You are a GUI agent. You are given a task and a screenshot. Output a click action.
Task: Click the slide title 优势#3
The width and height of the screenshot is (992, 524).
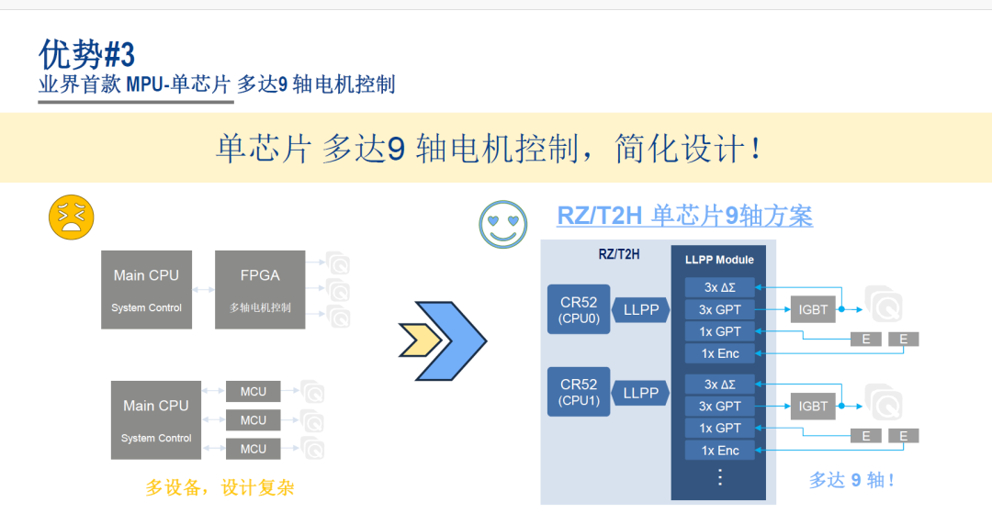86,55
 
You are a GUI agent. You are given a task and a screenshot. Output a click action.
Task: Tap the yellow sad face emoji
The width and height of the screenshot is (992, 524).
72,217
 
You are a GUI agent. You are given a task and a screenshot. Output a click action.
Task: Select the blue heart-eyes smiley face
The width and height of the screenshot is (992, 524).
503,224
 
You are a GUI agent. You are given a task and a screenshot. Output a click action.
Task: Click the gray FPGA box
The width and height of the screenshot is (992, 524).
260,289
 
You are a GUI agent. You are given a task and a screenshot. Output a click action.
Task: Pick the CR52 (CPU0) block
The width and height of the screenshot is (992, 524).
579,309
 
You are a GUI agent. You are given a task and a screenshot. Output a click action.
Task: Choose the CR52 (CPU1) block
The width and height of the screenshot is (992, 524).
579,392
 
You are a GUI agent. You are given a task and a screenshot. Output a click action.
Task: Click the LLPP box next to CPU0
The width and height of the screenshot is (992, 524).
641,310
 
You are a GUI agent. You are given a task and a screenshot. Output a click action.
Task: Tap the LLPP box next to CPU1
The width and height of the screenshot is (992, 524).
641,393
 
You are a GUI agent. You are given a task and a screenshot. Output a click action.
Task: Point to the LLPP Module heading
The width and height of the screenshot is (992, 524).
719,260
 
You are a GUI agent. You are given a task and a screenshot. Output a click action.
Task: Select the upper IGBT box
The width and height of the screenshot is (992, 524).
813,310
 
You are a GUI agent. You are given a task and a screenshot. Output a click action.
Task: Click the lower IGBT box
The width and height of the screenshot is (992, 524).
813,406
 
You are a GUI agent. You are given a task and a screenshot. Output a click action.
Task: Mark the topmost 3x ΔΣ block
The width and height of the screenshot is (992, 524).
719,287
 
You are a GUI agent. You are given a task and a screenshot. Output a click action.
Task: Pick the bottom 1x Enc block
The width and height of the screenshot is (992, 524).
719,450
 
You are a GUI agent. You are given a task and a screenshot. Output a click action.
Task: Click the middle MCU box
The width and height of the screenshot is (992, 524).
254,420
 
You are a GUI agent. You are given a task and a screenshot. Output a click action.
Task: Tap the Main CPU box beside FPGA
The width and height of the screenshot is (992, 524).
146,289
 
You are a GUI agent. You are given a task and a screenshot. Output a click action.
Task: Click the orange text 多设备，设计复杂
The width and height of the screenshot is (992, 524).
220,487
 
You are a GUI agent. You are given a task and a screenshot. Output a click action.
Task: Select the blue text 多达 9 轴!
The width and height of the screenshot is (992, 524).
851,479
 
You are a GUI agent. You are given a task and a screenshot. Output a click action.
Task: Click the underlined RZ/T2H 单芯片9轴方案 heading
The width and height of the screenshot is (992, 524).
684,217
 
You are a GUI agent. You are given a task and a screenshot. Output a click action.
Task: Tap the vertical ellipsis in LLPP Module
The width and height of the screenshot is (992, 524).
719,477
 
